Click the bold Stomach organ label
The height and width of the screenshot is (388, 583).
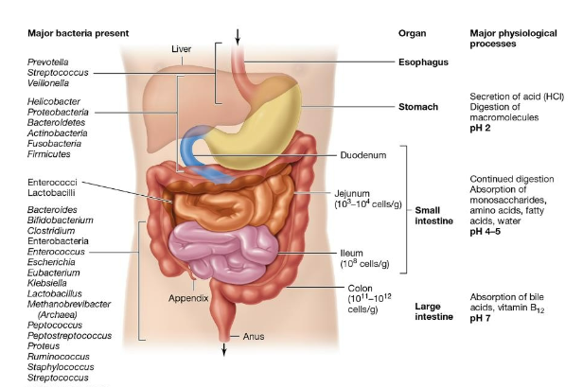[x=417, y=107]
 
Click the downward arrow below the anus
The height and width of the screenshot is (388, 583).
[x=225, y=349]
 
